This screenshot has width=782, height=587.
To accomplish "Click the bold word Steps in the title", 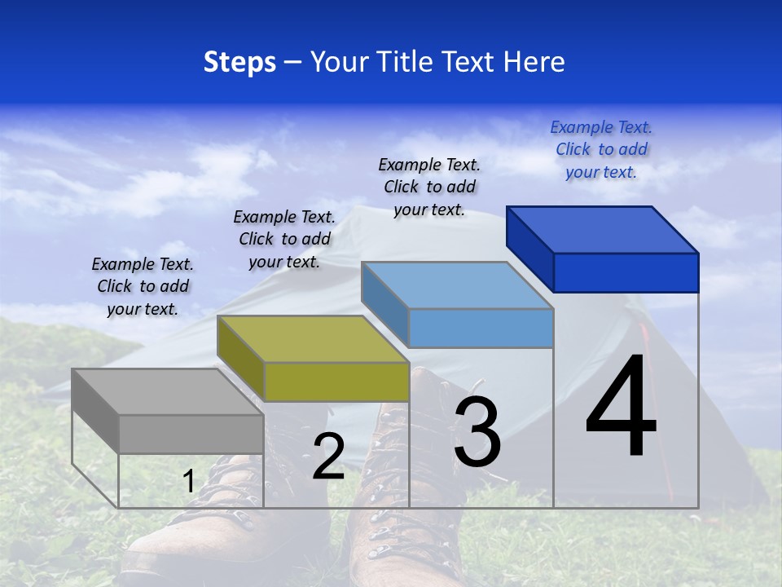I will point(239,62).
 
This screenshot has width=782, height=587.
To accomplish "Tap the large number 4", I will point(621,407).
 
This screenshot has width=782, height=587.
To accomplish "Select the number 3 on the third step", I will point(477,433).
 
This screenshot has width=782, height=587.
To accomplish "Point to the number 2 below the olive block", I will point(328,457).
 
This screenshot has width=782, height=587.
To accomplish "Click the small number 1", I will point(188,481).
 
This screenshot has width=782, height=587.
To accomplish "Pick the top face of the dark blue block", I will point(603,230).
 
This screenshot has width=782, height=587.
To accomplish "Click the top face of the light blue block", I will point(458,285).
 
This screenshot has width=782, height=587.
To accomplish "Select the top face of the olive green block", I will point(313,339).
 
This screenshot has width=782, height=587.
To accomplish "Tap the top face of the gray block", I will point(168,392).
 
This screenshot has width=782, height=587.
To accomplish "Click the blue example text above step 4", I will point(601,149).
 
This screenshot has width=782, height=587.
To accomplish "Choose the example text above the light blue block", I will point(429,187).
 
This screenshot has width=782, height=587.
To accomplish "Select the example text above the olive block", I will point(284,239).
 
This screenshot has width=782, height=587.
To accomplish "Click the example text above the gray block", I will point(143,286).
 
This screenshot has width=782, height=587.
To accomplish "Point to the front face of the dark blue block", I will point(626,272).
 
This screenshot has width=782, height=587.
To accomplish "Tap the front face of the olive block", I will point(336,382).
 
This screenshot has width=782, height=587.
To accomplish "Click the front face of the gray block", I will point(191,434).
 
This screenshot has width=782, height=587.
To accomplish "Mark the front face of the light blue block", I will point(481,328).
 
